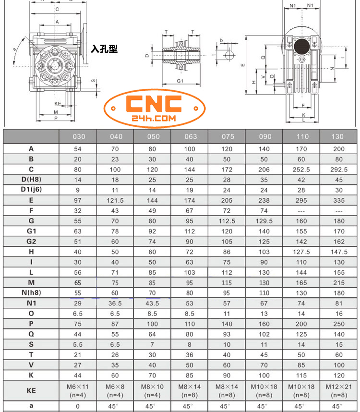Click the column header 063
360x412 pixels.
click(x=191, y=136)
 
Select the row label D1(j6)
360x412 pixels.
click(x=31, y=190)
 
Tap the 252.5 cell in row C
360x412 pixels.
click(x=301, y=170)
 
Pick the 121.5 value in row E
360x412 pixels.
click(x=116, y=200)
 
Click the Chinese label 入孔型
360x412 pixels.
click(x=105, y=49)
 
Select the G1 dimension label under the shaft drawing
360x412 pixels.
click(x=180, y=81)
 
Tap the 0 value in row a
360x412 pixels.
click(x=78, y=406)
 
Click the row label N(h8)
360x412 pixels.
click(x=31, y=293)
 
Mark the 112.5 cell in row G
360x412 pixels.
click(x=228, y=221)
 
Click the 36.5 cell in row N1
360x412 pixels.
click(x=116, y=303)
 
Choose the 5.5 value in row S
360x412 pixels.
click(x=78, y=344)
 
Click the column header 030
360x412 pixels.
click(x=78, y=136)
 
